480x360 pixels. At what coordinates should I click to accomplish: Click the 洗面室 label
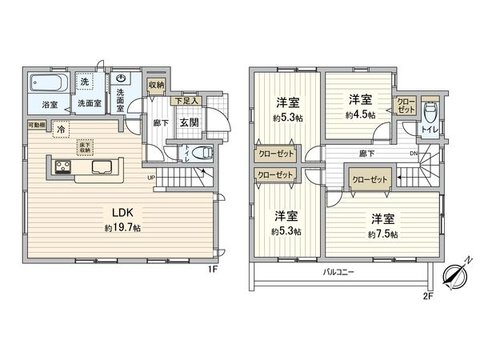(x=88, y=103)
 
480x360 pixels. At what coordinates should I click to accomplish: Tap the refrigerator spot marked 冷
(x=61, y=128)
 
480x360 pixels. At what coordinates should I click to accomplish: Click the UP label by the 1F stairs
(x=150, y=178)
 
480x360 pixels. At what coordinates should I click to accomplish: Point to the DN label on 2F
(x=412, y=154)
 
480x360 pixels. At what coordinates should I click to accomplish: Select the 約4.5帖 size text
(x=359, y=114)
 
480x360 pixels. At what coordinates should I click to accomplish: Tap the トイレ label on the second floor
(x=430, y=128)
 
